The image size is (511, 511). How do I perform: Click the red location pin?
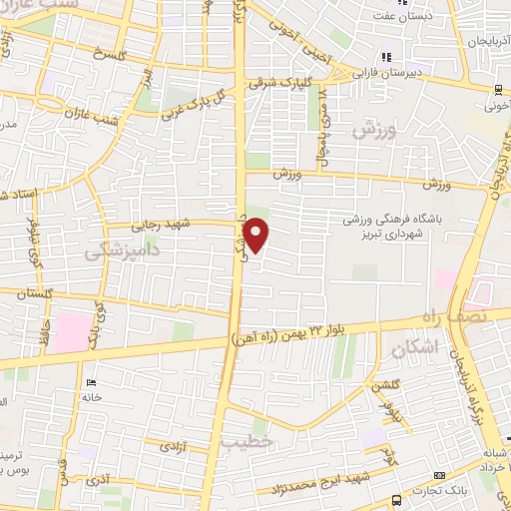pos(257,237)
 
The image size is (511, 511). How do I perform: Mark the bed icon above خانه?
pos(91,382)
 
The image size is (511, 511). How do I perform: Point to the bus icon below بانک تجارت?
pos(397,500)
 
